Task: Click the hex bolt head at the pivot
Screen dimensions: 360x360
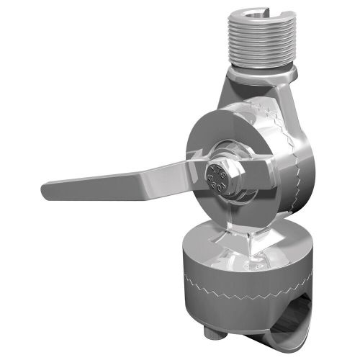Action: click(x=217, y=176)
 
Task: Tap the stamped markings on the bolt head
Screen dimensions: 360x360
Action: click(x=217, y=177)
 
